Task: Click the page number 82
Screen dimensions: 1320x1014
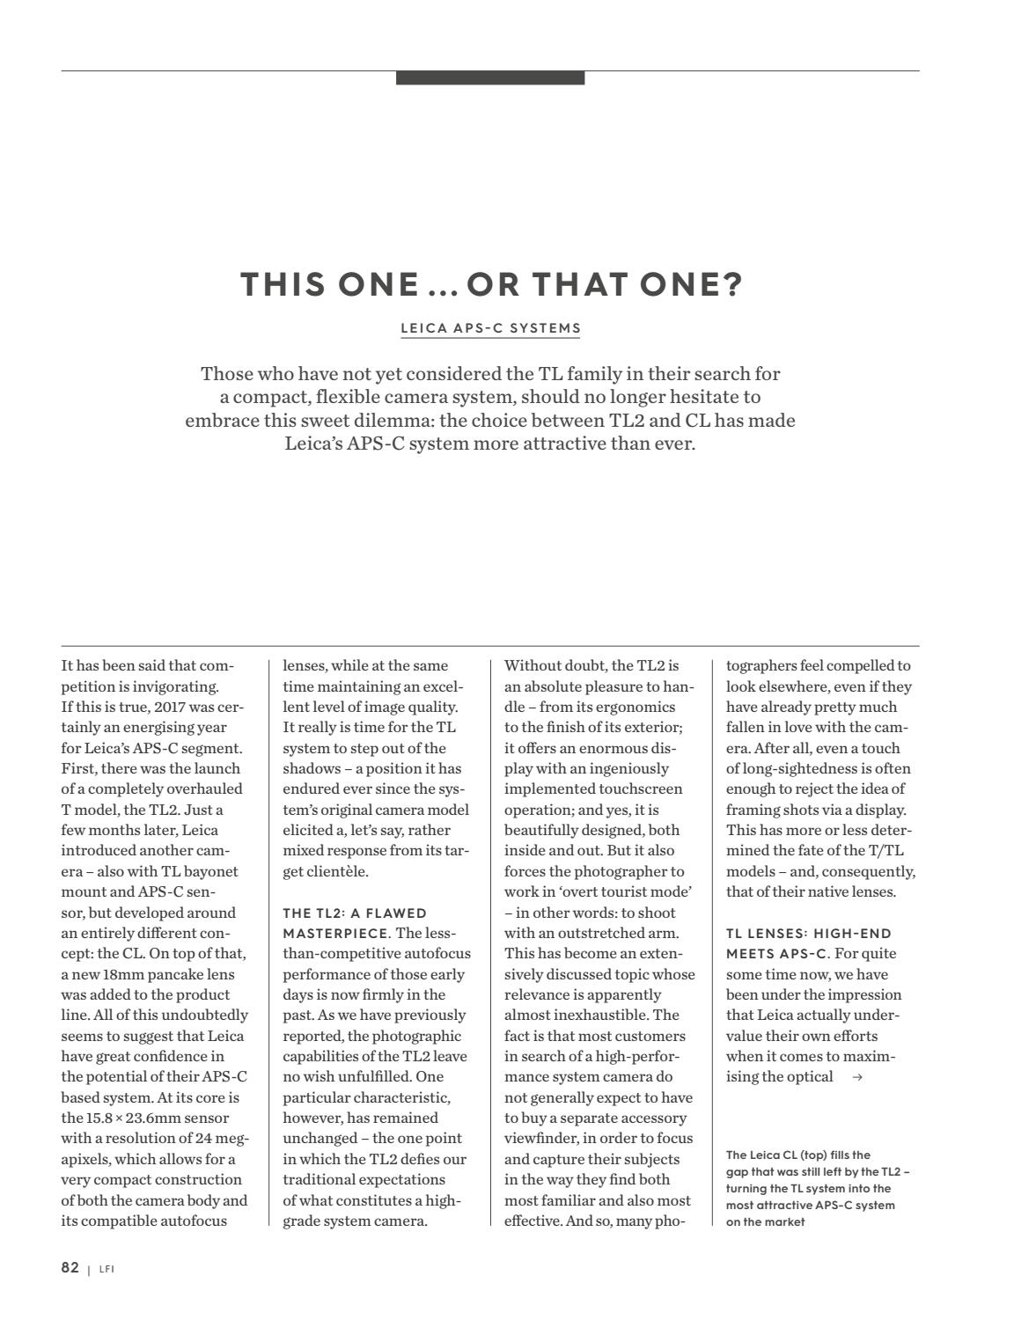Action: [70, 1268]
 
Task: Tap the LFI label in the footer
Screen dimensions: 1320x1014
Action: [107, 1270]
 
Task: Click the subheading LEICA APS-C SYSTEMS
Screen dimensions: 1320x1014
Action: [490, 328]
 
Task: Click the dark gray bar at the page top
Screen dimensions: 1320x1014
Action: [490, 78]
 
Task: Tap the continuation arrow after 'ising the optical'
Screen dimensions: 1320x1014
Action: [857, 1078]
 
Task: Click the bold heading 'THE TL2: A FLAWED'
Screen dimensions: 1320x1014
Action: [355, 913]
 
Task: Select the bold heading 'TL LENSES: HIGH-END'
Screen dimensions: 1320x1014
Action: [808, 933]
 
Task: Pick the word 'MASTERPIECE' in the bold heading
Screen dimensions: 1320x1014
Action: [335, 933]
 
